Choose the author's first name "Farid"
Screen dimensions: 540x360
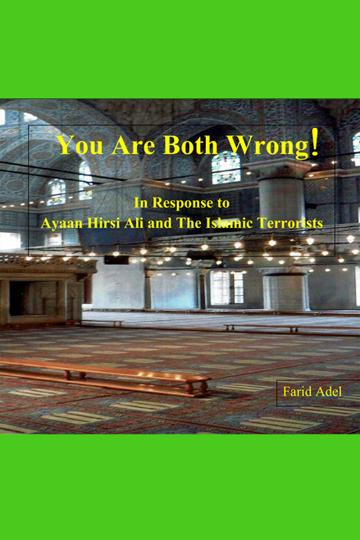pos(297,392)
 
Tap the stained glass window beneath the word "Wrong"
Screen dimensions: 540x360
pos(226,169)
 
